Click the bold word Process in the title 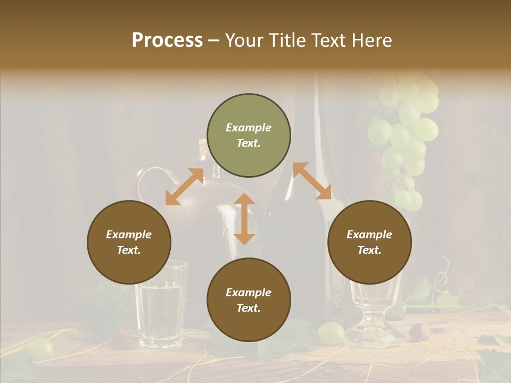click(x=167, y=40)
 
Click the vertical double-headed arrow click(x=244, y=219)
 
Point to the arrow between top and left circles click(x=184, y=187)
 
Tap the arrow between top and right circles click(x=312, y=181)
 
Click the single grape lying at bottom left click(x=40, y=348)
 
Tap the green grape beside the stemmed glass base click(x=331, y=332)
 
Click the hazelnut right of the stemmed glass click(x=419, y=331)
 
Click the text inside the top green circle click(x=249, y=135)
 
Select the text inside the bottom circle click(x=249, y=300)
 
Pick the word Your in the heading click(x=245, y=40)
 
